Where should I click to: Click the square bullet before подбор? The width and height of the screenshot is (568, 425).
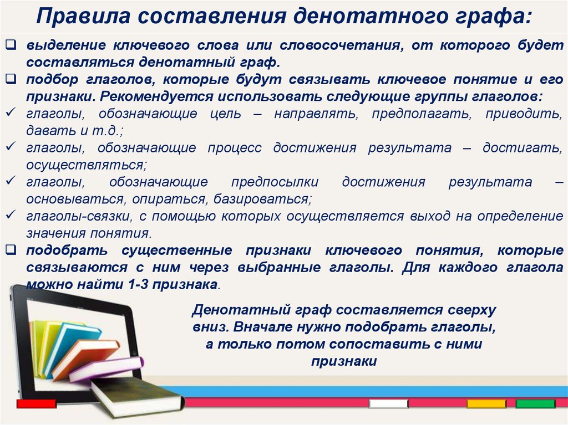pyautogui.click(x=11, y=80)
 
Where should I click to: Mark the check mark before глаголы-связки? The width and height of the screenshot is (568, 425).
pyautogui.click(x=11, y=214)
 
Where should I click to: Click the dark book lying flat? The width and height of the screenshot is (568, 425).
pyautogui.click(x=133, y=396)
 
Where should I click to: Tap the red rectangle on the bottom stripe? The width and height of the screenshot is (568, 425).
pyautogui.click(x=37, y=404)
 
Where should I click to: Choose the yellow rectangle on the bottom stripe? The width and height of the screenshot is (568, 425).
pyautogui.click(x=486, y=404)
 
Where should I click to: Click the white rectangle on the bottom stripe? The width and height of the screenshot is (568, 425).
pyautogui.click(x=389, y=404)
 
